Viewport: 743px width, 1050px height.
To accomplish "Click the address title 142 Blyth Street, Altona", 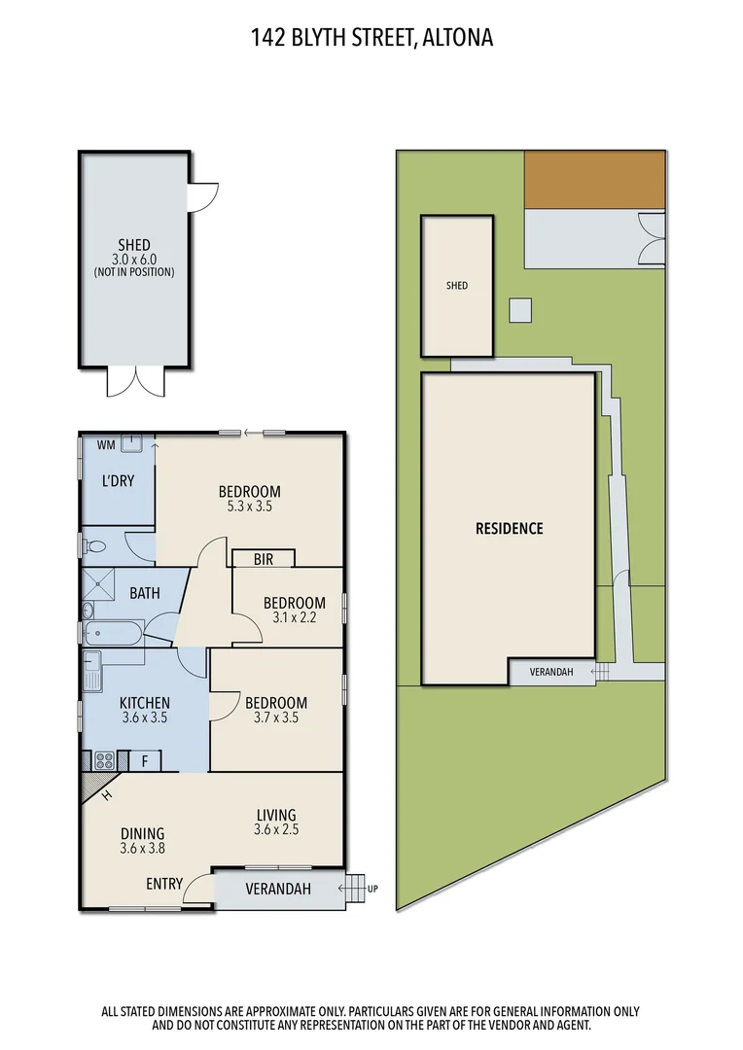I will click(371, 38).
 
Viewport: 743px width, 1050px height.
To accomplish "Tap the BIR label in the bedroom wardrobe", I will click(263, 559).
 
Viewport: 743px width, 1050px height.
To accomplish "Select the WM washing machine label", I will click(105, 444).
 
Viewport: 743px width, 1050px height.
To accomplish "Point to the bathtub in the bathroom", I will click(113, 635).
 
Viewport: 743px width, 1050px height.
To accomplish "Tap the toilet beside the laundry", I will click(94, 545).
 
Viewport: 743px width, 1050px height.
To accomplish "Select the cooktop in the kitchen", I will click(105, 759).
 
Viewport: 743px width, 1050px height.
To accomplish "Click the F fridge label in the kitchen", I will click(144, 760).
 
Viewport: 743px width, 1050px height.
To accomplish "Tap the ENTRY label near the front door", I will click(164, 884).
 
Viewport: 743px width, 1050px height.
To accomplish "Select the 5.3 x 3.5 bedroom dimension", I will click(249, 507).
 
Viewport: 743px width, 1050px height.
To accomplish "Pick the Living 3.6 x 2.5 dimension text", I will click(276, 830).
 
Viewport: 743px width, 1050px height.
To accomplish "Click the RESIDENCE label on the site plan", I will click(509, 529).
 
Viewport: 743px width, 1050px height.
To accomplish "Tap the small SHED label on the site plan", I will click(457, 286).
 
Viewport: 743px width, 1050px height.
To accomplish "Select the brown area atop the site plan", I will click(594, 179).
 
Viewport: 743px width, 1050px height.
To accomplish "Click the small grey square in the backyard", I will click(522, 309).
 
